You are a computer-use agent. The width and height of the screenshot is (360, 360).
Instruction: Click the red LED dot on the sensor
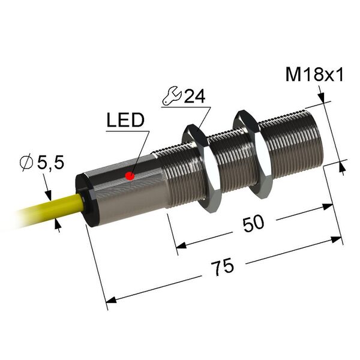130,176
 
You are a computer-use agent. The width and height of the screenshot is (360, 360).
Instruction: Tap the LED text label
125,120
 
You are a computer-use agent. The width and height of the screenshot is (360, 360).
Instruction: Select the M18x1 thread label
314,74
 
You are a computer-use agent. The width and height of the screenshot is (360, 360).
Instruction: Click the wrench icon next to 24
172,96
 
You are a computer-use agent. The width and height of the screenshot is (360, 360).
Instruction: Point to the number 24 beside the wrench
194,96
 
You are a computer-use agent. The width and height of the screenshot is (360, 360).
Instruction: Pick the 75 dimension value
223,267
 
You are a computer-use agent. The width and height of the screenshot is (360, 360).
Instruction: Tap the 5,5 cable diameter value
50,163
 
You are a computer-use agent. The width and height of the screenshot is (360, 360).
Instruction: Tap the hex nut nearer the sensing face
253,154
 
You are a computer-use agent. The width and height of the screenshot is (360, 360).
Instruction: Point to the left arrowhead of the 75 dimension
110,301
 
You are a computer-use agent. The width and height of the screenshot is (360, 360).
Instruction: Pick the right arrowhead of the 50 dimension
327,206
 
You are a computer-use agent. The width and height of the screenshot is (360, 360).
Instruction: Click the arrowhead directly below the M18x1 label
322,97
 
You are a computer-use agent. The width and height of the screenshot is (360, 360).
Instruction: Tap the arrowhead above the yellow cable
48,194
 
